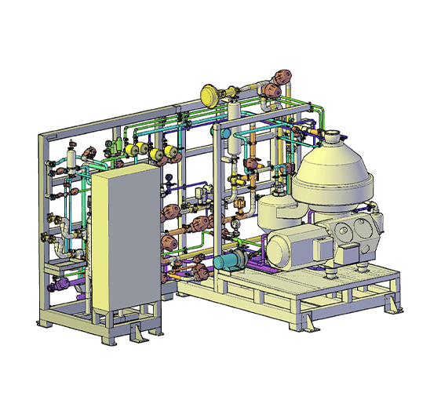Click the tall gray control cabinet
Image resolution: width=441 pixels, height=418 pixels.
tap(126, 235)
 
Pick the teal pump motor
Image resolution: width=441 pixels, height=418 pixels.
tap(228, 264)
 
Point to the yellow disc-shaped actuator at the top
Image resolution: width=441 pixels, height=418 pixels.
tap(210, 95)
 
